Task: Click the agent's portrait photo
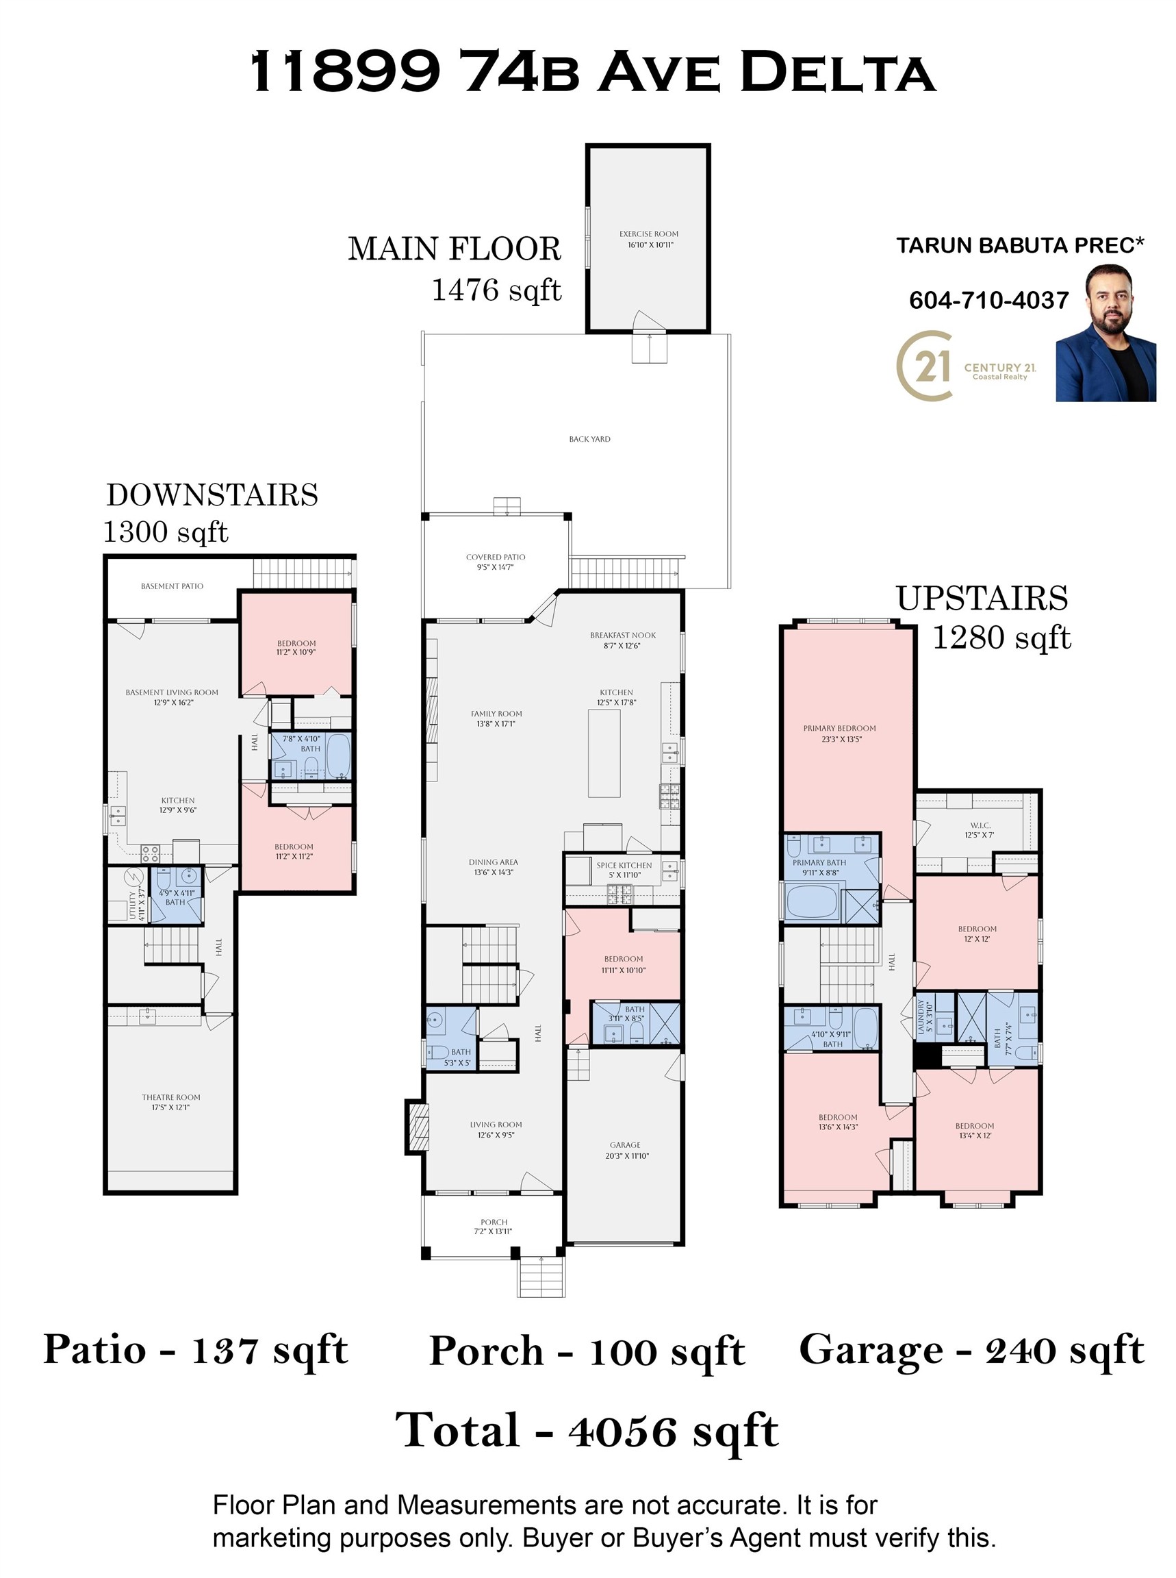[x=1105, y=334]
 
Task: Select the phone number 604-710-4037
[x=988, y=300]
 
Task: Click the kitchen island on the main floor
[x=604, y=753]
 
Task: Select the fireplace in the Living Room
[x=418, y=1127]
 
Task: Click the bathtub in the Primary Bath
[x=813, y=900]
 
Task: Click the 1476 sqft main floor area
[x=497, y=290]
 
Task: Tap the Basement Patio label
[x=172, y=586]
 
